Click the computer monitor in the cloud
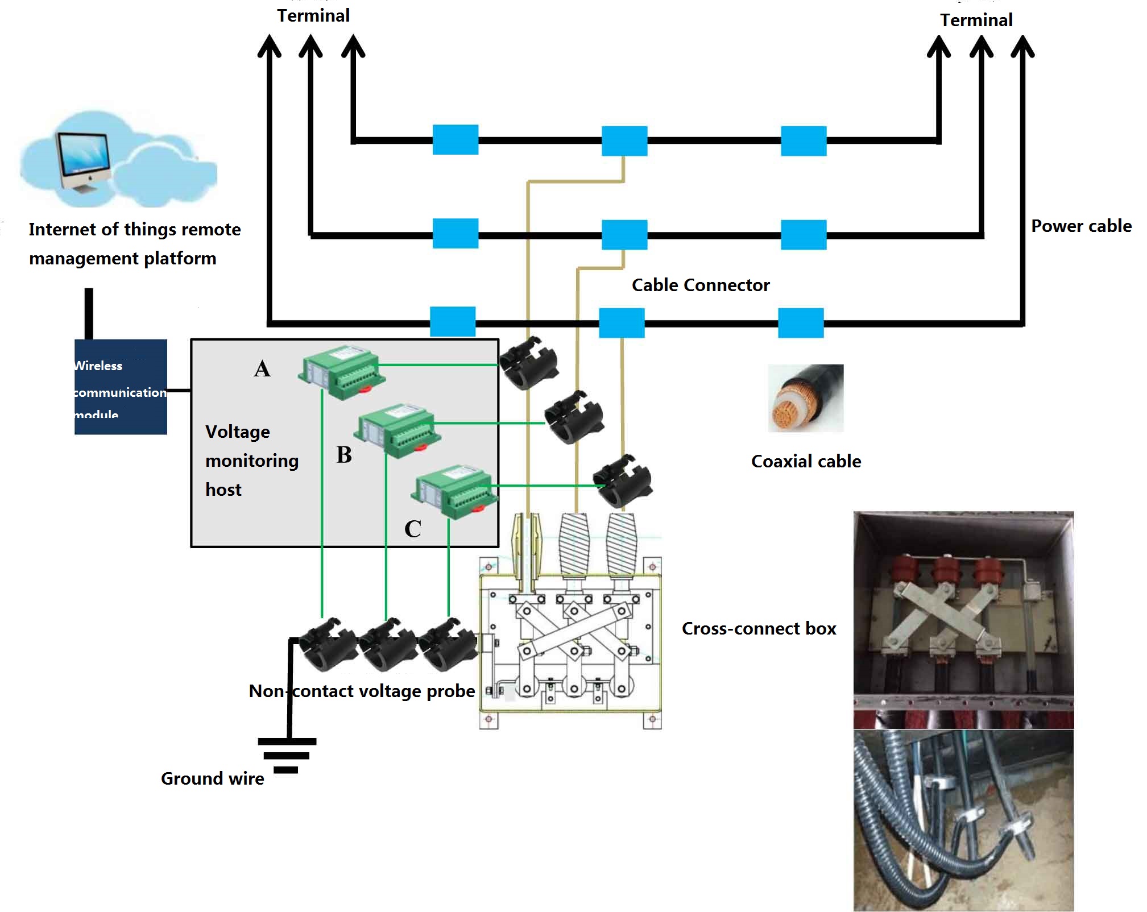coord(84,158)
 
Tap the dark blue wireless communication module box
coord(121,387)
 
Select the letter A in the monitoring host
coord(262,369)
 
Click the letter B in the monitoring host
coord(344,455)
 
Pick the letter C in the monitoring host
coord(413,529)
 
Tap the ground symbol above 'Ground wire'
coord(287,755)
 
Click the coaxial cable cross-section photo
coord(805,398)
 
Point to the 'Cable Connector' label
coord(701,285)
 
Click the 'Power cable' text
coord(1081,226)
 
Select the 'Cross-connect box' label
coord(759,628)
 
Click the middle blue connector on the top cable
coord(624,141)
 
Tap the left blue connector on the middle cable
coord(456,234)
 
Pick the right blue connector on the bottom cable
coord(801,322)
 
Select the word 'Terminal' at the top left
coord(313,15)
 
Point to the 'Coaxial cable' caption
coord(806,461)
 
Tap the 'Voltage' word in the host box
coord(238,432)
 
